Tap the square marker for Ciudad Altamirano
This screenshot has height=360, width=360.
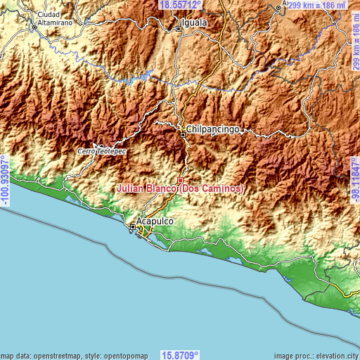(34, 29)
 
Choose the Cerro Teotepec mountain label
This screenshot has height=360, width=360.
(102, 151)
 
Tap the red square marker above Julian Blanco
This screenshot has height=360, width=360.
(180, 180)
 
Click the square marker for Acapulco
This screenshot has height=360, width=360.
(133, 226)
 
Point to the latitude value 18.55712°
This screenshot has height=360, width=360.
(180, 5)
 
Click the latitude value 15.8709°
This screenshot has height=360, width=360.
(180, 355)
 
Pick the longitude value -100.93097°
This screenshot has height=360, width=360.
(5, 180)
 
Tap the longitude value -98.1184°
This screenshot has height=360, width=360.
(354, 180)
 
